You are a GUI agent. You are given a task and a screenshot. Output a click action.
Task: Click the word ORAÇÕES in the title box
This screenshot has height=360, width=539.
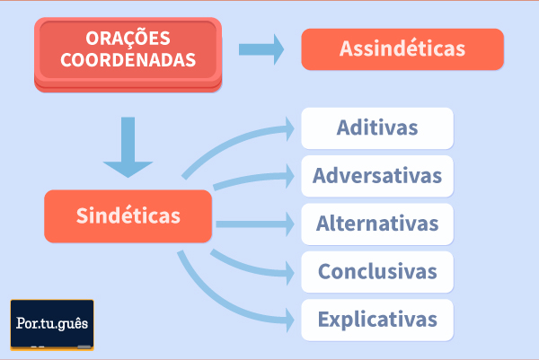pos(128,38)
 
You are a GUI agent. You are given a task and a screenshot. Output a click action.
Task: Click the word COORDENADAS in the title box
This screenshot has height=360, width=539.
pos(128,60)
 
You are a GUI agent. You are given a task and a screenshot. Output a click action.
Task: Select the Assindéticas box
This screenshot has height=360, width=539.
pos(402,49)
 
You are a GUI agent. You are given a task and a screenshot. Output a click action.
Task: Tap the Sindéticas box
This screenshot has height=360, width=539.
pos(128,216)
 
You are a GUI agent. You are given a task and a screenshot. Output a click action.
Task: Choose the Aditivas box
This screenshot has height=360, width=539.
pos(377,128)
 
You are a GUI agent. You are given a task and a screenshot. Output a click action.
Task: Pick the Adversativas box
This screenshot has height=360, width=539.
pos(377,176)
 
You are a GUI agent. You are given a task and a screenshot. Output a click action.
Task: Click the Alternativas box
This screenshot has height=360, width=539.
pos(377,224)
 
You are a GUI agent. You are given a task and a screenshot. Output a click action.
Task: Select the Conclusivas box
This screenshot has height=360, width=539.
pos(377,272)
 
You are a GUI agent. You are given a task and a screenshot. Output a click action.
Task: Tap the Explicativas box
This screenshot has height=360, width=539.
pos(377,320)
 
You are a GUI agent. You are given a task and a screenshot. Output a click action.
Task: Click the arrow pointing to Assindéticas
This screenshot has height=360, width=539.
pos(261,49)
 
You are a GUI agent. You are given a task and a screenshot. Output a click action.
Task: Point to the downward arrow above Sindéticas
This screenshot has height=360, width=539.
pos(128,147)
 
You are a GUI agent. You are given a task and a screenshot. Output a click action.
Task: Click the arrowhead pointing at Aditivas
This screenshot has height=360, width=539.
pos(290,128)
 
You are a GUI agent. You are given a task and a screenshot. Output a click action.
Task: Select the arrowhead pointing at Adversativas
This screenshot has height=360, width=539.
pos(290,176)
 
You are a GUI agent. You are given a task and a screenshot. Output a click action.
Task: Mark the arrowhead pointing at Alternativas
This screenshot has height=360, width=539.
pos(290,224)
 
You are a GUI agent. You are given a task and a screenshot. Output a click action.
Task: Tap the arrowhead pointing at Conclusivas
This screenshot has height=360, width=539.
pos(290,273)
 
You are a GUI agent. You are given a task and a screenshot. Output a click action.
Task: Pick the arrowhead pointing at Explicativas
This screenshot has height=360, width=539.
pos(290,320)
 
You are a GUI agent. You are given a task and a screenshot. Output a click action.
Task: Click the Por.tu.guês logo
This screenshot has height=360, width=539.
pos(52,325)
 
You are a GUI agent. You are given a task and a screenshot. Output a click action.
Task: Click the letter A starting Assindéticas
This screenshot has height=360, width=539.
pos(346,48)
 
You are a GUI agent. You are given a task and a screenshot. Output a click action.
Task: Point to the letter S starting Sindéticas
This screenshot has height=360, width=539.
pos(82,215)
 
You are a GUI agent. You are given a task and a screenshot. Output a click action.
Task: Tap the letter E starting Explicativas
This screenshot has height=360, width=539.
pos(323,319)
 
